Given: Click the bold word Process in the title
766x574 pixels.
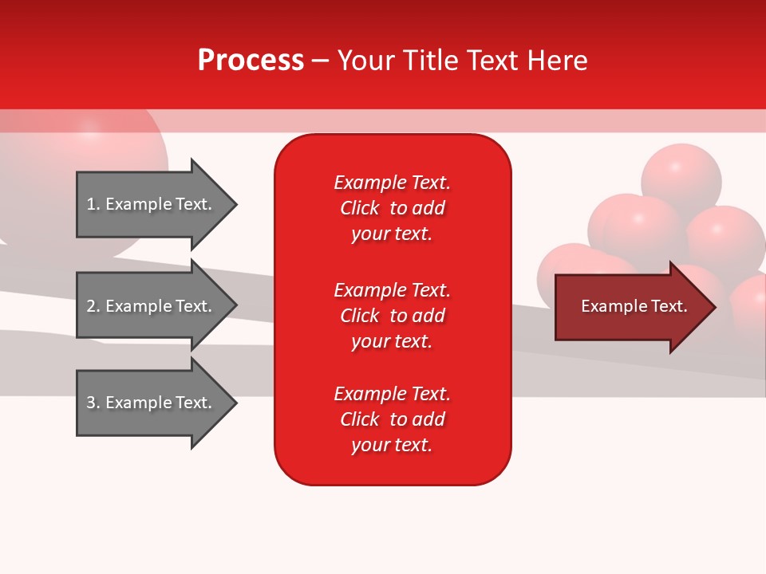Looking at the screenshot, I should click(251, 61).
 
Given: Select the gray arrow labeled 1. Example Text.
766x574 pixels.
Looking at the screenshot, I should click(152, 204).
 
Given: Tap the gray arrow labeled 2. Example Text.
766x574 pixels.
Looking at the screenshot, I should click(152, 306).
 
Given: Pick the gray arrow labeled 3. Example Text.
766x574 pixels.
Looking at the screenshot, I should click(152, 403).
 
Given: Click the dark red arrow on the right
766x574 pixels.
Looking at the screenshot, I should click(630, 307).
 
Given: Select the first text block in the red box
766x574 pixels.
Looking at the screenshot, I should click(392, 208).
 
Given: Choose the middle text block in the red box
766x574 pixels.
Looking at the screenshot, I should click(392, 316).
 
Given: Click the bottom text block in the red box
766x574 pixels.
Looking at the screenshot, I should click(392, 419).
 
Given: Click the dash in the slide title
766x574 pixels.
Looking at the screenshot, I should click(320, 61).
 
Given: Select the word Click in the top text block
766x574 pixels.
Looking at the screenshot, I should click(360, 208).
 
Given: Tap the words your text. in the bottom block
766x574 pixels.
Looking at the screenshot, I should click(392, 445).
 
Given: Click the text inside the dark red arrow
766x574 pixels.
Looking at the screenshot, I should click(634, 306).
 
